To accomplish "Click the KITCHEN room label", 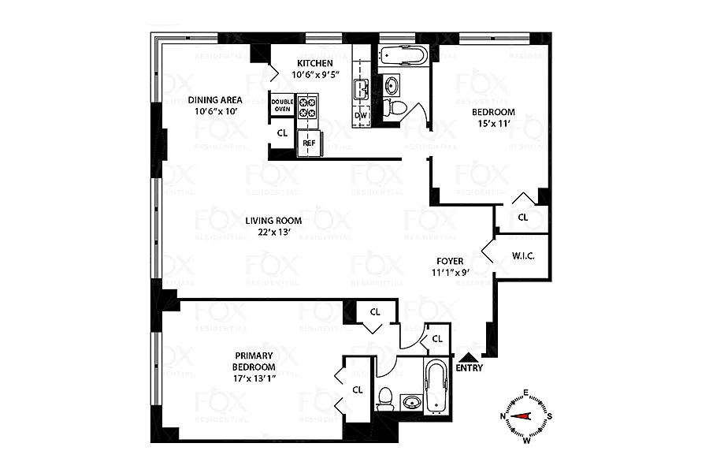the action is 314,63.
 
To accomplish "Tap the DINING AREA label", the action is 215,100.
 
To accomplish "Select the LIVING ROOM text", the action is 273,221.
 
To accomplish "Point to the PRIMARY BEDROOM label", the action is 254,361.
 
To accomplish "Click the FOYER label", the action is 450,261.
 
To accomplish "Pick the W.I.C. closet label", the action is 523,256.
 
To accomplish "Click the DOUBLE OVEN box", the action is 283,106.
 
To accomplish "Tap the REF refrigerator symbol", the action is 309,143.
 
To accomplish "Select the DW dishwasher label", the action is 360,115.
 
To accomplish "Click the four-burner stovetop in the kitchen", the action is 307,106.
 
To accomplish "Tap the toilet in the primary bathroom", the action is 386,399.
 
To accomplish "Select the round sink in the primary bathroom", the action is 411,401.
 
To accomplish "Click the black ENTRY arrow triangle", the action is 467,357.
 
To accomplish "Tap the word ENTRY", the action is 470,368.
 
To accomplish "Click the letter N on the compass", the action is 503,416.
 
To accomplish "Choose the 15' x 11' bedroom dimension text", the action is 493,123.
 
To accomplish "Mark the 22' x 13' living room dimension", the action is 273,233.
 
